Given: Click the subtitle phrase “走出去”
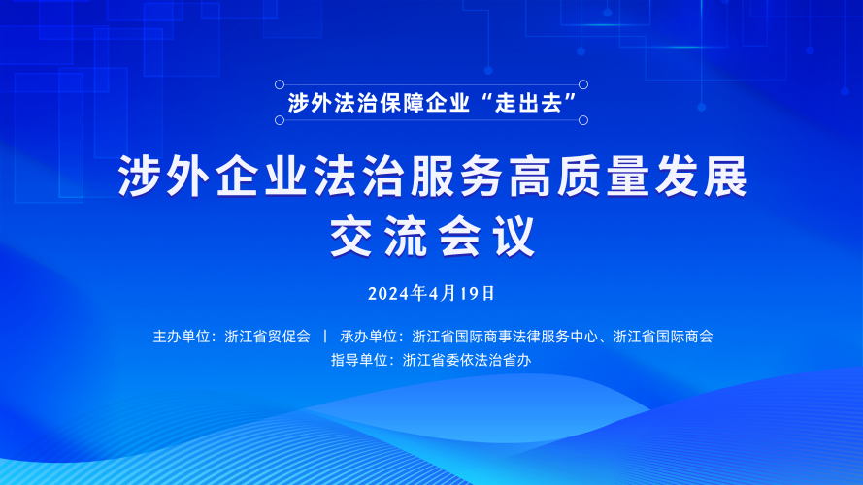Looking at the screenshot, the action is [x=528, y=103].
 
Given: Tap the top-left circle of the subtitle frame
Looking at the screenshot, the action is [x=280, y=84].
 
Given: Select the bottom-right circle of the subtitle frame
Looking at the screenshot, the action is [x=583, y=120].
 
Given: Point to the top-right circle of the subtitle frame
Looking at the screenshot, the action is [x=583, y=84].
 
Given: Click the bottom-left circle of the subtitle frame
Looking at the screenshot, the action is [x=280, y=120].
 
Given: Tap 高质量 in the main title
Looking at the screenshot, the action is [x=579, y=176].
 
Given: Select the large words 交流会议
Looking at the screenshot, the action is [x=433, y=237].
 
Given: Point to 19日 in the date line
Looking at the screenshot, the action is [x=478, y=294].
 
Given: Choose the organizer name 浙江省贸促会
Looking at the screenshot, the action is [x=268, y=337].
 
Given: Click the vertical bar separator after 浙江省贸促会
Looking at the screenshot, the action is [x=325, y=336].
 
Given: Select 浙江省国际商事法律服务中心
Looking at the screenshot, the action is [x=505, y=337].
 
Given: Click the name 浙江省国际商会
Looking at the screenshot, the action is [x=663, y=337].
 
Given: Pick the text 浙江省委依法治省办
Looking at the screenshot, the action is [x=467, y=360].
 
